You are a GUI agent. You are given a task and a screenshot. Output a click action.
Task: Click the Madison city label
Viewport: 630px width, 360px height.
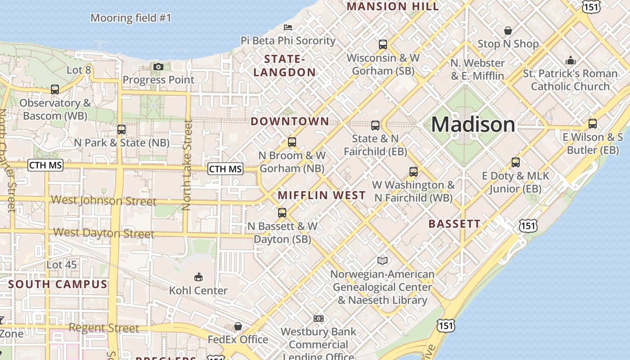(x=473, y=124)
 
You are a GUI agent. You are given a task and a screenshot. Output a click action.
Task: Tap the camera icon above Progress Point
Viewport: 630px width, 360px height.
(x=158, y=67)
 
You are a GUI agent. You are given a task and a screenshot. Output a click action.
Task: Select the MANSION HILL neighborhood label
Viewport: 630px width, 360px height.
(x=392, y=6)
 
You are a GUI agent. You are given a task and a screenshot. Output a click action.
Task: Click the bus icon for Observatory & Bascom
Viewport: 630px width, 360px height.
(x=55, y=89)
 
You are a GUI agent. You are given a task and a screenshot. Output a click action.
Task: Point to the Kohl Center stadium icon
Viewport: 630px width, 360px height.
(x=198, y=276)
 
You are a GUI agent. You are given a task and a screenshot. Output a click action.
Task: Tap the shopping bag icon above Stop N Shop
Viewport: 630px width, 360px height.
(x=508, y=31)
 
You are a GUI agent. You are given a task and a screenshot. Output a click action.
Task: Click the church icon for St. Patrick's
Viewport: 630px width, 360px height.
(x=571, y=60)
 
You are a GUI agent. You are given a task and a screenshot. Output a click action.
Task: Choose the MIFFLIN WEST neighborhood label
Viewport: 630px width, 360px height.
(x=321, y=195)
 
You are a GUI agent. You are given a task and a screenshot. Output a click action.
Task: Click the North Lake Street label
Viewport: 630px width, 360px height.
(x=186, y=165)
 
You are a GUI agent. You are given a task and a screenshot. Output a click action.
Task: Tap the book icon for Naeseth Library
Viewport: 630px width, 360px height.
(x=382, y=261)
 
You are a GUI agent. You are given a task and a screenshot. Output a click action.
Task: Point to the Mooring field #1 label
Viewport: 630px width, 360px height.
(x=131, y=18)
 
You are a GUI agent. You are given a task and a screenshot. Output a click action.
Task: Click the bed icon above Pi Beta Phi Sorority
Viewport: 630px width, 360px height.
(x=288, y=27)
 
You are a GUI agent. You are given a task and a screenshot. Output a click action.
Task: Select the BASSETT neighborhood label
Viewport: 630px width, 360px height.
(x=454, y=224)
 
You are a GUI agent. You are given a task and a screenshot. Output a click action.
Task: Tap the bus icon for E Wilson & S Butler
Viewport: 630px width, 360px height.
(x=593, y=123)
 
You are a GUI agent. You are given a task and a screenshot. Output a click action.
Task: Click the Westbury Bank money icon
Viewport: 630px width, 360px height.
(x=319, y=319)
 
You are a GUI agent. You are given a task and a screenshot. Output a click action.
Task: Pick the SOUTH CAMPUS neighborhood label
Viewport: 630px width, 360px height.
(x=58, y=284)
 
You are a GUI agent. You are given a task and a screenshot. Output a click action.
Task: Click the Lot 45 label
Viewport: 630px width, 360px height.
(x=62, y=265)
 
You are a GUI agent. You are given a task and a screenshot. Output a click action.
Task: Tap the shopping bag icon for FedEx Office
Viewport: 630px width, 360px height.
(x=238, y=326)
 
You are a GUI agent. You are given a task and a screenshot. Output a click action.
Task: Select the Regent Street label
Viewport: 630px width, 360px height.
(x=104, y=328)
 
